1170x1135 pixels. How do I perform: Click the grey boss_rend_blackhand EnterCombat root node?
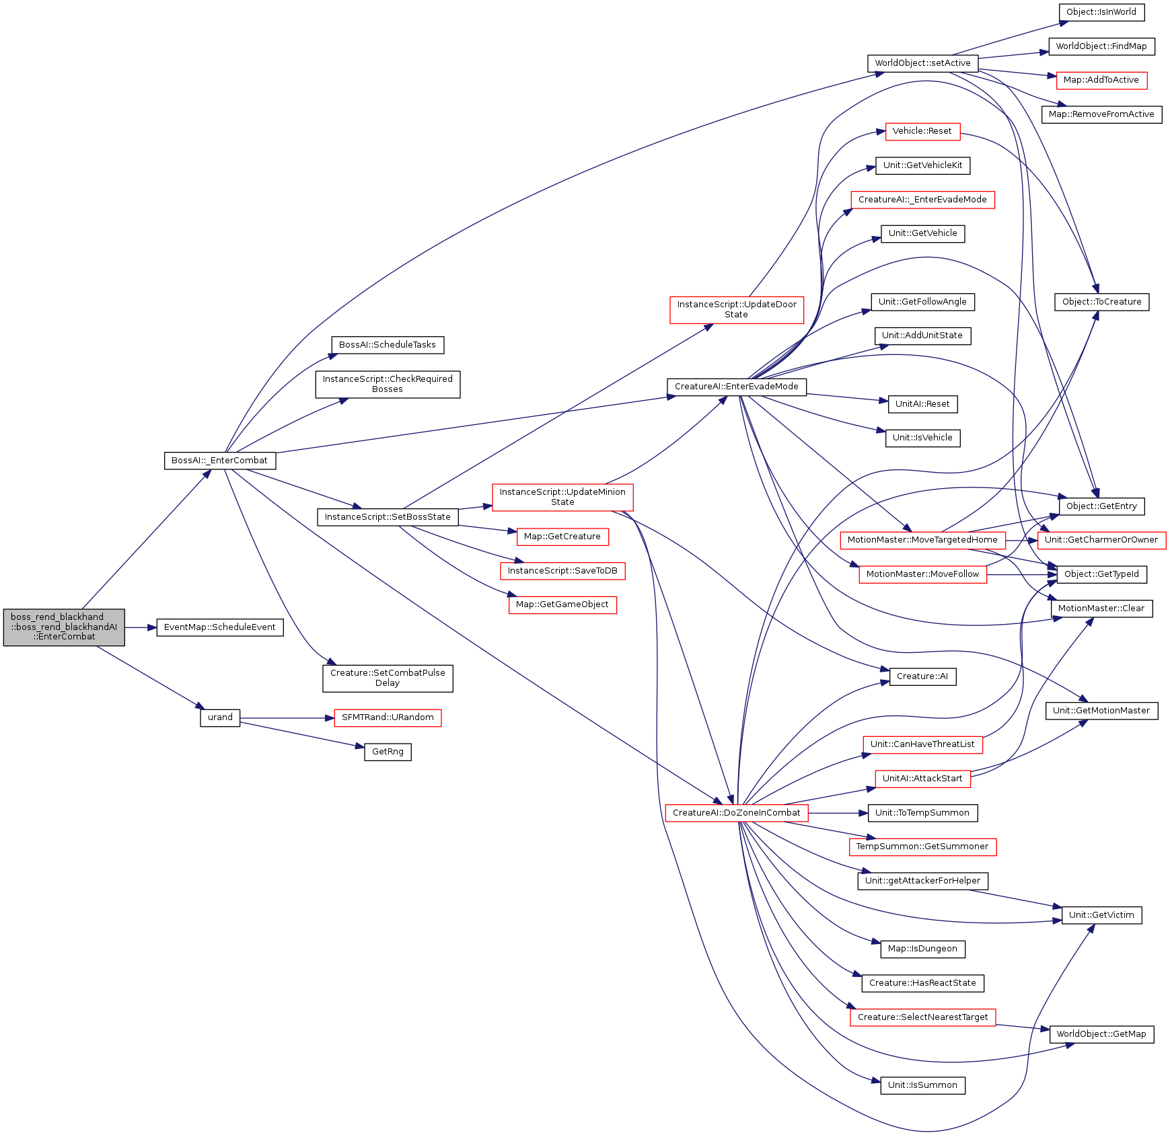pos(64,627)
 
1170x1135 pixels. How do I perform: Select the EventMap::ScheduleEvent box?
pos(220,627)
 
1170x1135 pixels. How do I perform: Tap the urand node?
pos(220,717)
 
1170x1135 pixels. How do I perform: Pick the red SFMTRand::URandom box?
pos(388,717)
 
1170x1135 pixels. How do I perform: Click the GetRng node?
pos(388,752)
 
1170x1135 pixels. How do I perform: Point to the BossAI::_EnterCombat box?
pos(220,461)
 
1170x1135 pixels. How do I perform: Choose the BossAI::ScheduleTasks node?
pos(388,345)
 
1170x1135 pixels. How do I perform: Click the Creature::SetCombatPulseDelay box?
pos(388,678)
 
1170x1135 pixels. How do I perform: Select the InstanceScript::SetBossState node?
pos(388,517)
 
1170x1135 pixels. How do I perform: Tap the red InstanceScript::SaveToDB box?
pos(562,571)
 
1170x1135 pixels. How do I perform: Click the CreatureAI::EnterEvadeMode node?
pos(737,387)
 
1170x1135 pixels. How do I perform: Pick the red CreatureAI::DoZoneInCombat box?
pos(737,813)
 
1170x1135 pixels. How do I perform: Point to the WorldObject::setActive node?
pos(922,63)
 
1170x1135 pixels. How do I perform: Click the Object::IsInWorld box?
pos(1101,12)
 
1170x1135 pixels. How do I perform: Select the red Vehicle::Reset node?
pos(922,131)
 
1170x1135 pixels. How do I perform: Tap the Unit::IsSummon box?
pos(922,1085)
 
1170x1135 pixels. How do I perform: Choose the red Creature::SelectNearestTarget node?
pos(922,1017)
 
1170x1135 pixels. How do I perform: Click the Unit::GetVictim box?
pos(1101,915)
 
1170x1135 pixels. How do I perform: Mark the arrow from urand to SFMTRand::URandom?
pos(287,718)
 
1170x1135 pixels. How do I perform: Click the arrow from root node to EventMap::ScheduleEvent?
pos(141,627)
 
